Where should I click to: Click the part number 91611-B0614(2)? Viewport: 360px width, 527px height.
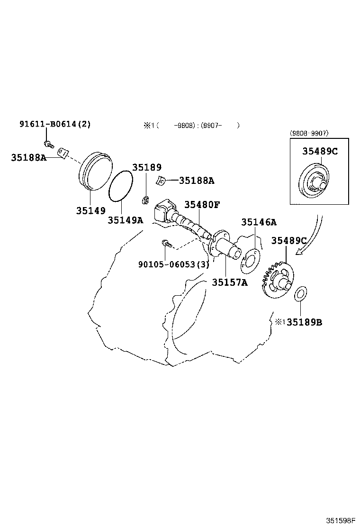55,124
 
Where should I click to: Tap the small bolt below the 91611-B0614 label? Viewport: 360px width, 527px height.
47,143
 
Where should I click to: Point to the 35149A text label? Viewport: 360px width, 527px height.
125,220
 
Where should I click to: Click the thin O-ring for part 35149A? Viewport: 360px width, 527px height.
121,187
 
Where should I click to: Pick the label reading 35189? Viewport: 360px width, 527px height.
147,167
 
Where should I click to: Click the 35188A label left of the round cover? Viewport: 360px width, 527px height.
28,157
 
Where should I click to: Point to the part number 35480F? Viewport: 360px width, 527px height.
202,205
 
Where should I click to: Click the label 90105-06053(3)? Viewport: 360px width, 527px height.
174,264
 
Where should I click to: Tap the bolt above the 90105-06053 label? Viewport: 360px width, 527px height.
166,244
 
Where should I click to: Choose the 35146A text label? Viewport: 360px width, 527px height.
259,222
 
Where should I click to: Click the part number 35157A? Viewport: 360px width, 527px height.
230,282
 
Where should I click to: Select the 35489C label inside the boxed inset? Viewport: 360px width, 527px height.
320,151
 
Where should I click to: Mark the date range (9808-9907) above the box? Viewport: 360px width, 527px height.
309,133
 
